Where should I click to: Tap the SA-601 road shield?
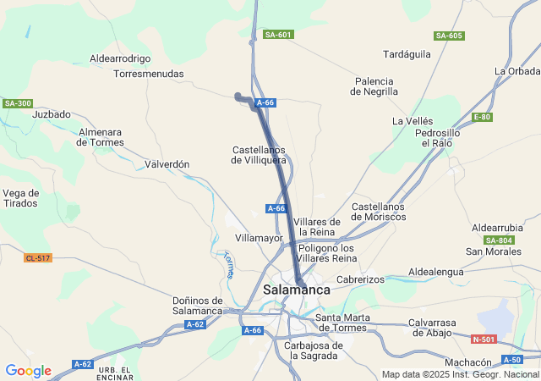[x=278, y=35]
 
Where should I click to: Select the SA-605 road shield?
[x=449, y=36]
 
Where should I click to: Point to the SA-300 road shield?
[x=17, y=103]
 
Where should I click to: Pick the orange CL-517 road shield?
[x=38, y=257]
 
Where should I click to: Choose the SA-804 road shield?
[x=500, y=240]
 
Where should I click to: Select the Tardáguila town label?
[x=407, y=54]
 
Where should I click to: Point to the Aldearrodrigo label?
[x=120, y=59]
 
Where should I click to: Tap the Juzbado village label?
[x=52, y=113]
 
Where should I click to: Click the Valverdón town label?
[x=167, y=164]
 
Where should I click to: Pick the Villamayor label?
[x=259, y=239]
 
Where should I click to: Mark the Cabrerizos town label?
[x=360, y=279]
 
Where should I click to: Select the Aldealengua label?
[x=436, y=271]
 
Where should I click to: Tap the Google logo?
[x=28, y=371]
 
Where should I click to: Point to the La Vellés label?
[x=413, y=122]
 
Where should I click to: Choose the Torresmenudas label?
[x=149, y=74]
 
